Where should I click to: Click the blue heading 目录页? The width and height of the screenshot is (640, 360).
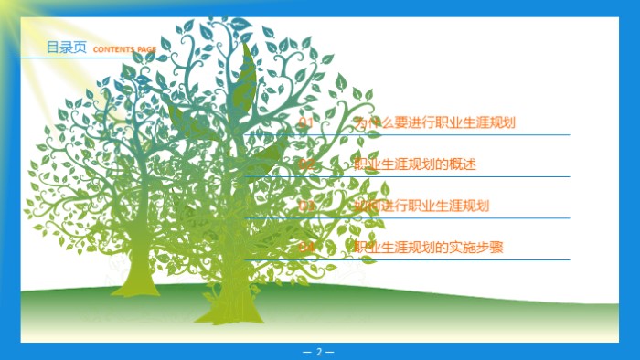(67, 48)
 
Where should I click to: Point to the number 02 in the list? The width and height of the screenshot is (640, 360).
(306, 164)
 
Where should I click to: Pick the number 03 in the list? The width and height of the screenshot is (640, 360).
(306, 206)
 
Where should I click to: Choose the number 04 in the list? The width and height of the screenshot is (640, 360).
(306, 248)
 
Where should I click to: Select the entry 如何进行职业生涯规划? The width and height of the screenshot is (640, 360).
(421, 206)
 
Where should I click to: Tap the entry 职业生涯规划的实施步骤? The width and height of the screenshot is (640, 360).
(429, 248)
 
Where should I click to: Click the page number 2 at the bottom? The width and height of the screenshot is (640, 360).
(319, 352)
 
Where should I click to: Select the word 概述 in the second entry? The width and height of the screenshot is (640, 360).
(464, 164)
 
